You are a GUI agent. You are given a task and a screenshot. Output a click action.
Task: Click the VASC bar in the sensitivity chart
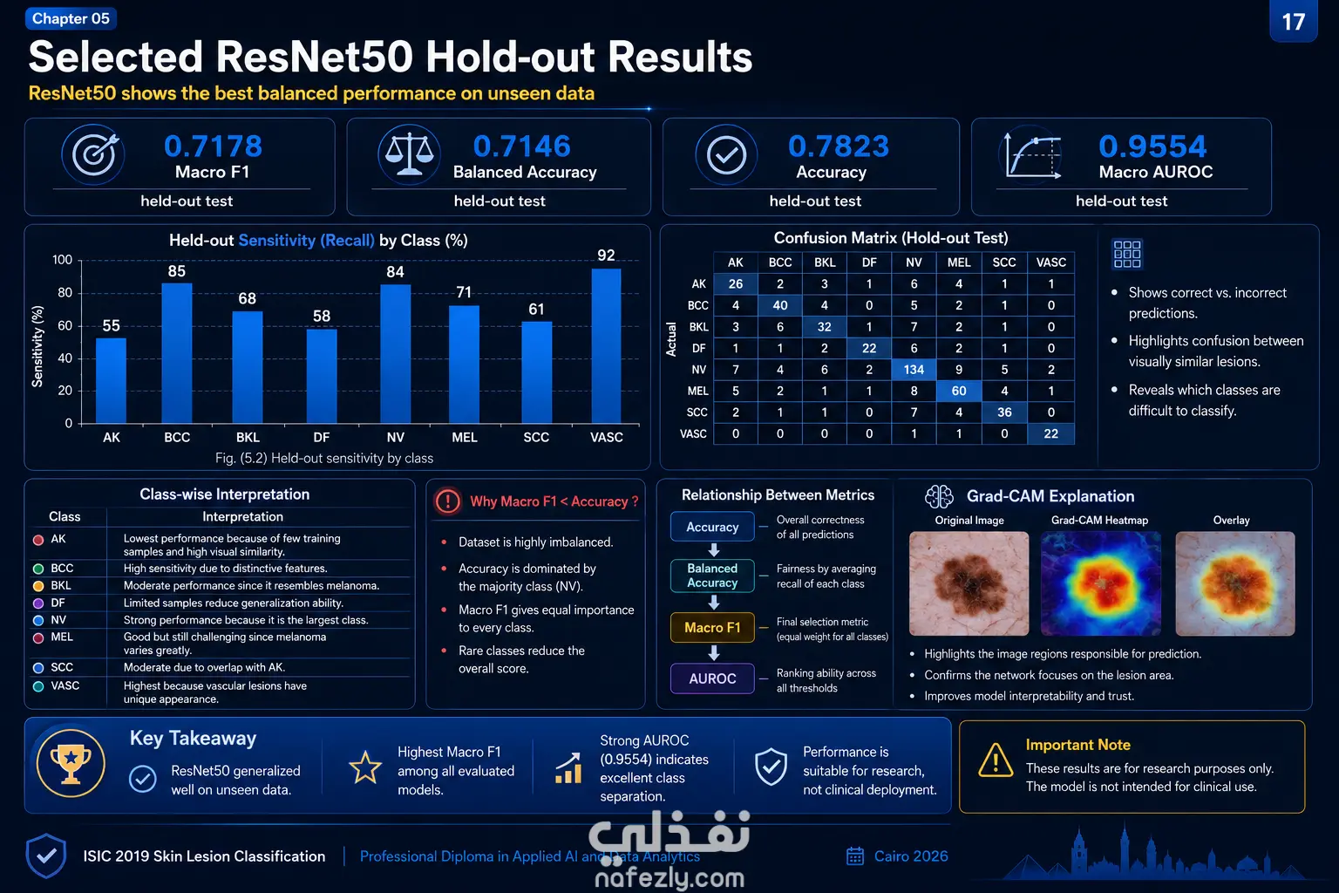coord(606,346)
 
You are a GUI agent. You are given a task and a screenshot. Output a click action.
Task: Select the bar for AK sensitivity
coord(112,381)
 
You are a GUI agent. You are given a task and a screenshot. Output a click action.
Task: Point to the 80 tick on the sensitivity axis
coord(65,292)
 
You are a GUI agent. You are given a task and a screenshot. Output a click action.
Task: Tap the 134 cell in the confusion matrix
coord(914,370)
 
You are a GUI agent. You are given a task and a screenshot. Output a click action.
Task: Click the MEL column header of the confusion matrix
coord(959,262)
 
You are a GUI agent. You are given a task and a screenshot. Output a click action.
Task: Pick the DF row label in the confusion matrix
coord(699,348)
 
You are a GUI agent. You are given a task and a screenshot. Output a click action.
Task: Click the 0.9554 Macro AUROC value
coord(1152,146)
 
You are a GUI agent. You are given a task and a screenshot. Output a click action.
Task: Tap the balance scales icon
coord(410,154)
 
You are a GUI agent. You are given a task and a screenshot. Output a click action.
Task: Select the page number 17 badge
coord(1294,22)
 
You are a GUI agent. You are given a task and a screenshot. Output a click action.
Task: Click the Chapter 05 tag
coord(71,18)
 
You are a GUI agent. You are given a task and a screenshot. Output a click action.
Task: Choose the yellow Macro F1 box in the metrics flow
coord(712,627)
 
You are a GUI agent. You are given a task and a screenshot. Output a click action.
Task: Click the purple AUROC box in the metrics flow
coord(712,678)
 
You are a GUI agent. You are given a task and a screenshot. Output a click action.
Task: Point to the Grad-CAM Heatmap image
coord(1100,583)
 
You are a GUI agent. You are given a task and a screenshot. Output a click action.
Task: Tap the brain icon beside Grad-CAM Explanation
coord(939,496)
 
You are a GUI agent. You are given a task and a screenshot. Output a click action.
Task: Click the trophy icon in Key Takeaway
coord(71,763)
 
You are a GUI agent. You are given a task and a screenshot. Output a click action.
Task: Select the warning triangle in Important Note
coord(996,760)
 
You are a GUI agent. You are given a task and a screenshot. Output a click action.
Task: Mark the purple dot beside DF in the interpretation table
coord(38,603)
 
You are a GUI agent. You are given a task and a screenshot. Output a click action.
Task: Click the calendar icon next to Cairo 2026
coord(855,856)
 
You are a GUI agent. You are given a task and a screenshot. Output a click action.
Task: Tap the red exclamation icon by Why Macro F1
coord(448,501)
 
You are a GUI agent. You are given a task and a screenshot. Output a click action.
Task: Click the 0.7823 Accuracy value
coord(838,146)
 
